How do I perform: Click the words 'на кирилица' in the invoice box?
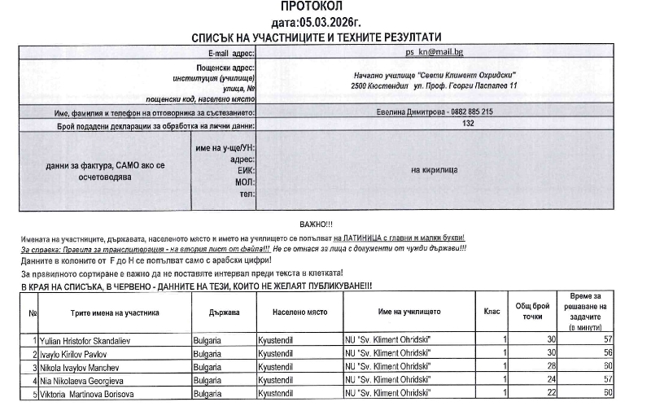[x=434, y=170]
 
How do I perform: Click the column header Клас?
[x=492, y=312]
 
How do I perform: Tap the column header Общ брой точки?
[x=534, y=311]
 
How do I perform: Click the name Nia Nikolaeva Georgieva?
[x=72, y=380]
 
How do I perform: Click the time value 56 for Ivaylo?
[x=607, y=353]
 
